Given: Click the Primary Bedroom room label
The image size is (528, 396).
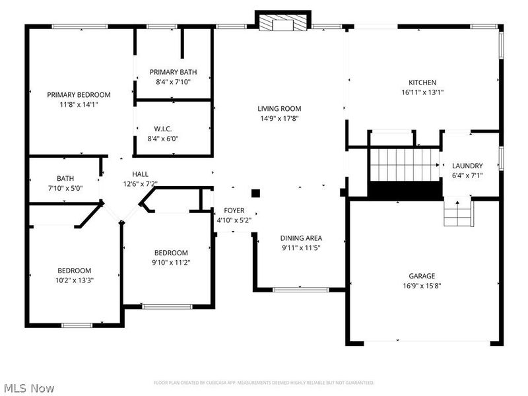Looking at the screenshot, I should pyautogui.click(x=79, y=94).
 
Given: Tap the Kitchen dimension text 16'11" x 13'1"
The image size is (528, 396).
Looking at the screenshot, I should pyautogui.click(x=422, y=92).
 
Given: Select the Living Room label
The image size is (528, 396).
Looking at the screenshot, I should pyautogui.click(x=279, y=109).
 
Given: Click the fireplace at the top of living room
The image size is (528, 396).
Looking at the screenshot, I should pyautogui.click(x=282, y=24).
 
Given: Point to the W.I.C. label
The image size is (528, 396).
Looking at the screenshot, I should pyautogui.click(x=163, y=129).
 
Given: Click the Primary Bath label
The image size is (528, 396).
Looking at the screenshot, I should pyautogui.click(x=173, y=72).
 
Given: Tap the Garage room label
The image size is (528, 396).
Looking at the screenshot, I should pyautogui.click(x=421, y=276).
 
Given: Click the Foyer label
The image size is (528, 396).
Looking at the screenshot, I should pyautogui.click(x=234, y=211).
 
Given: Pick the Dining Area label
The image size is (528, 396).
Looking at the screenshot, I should pyautogui.click(x=301, y=238).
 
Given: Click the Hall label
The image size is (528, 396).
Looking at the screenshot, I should pyautogui.click(x=140, y=174).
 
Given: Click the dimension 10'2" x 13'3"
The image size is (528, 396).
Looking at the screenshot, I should pyautogui.click(x=74, y=280).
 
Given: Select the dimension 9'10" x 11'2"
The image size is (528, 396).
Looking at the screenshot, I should pyautogui.click(x=171, y=263).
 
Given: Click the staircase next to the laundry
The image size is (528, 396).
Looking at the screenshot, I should pyautogui.click(x=404, y=165).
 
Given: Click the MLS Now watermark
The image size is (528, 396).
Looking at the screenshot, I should pyautogui.click(x=28, y=388).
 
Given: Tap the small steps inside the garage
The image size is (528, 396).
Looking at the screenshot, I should pyautogui.click(x=458, y=213).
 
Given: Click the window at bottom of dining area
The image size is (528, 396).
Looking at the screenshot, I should pyautogui.click(x=300, y=289).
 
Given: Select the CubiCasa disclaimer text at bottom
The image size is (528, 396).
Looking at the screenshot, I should pyautogui.click(x=264, y=382).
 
